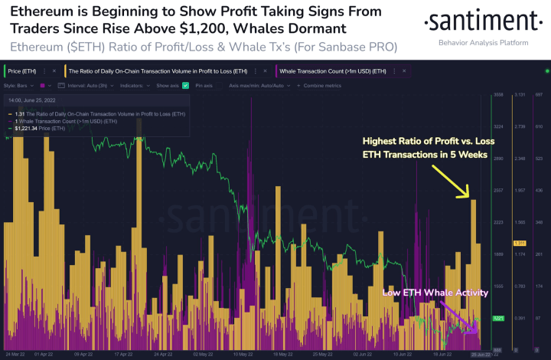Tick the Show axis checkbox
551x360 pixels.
(x=185, y=86)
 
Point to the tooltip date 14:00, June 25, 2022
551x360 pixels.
(x=33, y=100)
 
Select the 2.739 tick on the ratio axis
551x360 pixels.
(x=519, y=126)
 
